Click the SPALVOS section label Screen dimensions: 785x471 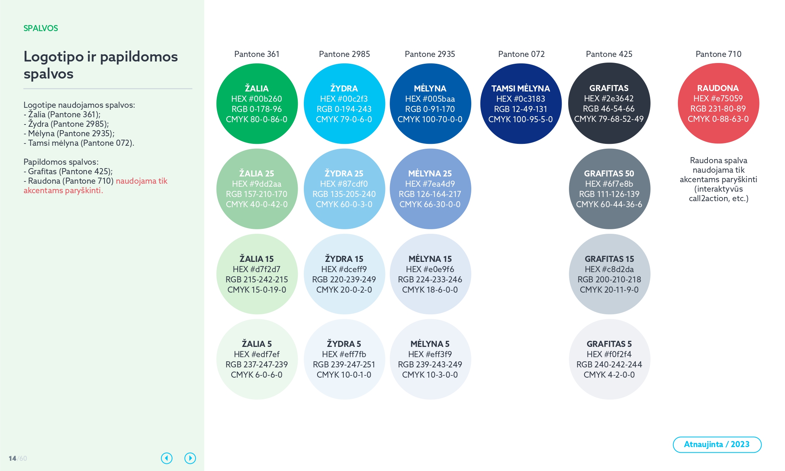[41, 28]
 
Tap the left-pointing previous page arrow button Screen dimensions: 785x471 [167, 458]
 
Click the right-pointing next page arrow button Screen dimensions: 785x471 [190, 458]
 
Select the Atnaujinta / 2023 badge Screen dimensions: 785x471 [717, 444]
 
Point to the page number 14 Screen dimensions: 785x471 [12, 458]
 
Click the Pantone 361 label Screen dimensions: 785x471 [257, 54]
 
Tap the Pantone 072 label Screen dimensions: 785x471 [521, 54]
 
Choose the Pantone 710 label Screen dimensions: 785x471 [719, 54]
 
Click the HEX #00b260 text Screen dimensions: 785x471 [257, 99]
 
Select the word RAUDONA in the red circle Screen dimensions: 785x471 [718, 88]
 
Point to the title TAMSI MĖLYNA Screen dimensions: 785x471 [521, 89]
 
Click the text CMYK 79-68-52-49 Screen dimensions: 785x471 [609, 119]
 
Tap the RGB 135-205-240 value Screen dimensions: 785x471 [344, 194]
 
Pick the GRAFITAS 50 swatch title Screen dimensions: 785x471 [609, 174]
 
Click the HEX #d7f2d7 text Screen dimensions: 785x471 [257, 269]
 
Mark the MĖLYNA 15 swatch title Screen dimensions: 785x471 [430, 259]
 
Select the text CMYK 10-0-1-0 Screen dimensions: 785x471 [344, 375]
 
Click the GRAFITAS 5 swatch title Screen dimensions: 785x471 [609, 344]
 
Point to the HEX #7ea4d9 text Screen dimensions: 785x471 [430, 184]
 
